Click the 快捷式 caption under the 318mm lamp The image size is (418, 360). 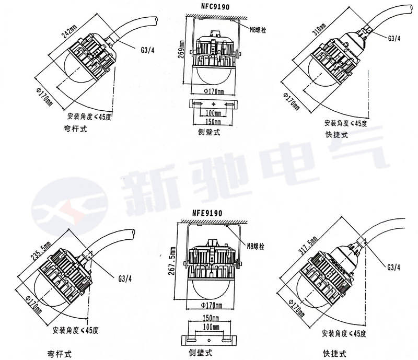coord(335,135)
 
